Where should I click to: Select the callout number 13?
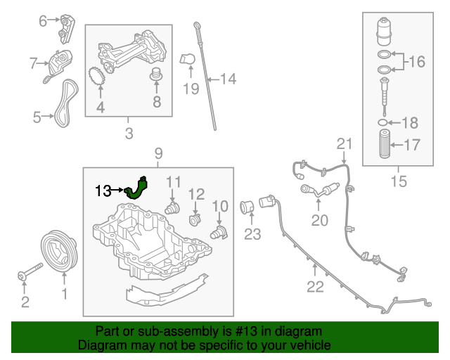click(103, 191)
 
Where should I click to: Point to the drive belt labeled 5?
click(67, 101)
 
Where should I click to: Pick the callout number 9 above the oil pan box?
click(157, 153)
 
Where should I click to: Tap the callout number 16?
click(417, 62)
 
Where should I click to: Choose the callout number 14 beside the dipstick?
click(228, 79)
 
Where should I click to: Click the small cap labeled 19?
click(186, 60)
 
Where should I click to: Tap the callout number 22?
click(315, 286)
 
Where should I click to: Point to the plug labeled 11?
click(172, 208)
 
